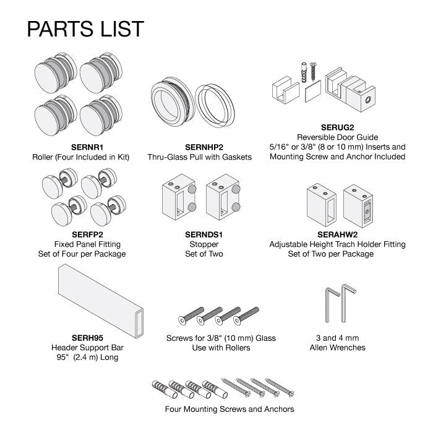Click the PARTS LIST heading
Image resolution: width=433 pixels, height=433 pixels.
(x=85, y=28)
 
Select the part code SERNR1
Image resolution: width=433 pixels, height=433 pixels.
(x=87, y=147)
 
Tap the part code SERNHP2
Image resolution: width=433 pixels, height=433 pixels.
(x=204, y=147)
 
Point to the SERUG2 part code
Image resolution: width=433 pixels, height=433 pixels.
(x=337, y=127)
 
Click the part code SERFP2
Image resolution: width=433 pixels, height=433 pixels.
(x=87, y=234)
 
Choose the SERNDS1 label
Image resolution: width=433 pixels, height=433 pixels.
(x=204, y=234)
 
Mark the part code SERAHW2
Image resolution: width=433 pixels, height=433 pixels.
(x=337, y=234)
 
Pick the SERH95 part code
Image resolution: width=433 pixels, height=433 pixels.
(x=87, y=338)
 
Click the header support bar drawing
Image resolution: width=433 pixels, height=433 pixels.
(x=101, y=301)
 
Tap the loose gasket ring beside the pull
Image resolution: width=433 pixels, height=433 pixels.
(x=215, y=106)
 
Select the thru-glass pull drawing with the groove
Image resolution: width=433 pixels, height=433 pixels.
(x=173, y=101)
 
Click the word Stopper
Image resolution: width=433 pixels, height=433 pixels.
(x=204, y=244)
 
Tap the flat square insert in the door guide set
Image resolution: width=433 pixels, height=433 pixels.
(x=313, y=91)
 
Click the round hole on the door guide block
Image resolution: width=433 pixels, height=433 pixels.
(x=368, y=100)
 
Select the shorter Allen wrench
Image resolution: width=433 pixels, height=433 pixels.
(x=333, y=305)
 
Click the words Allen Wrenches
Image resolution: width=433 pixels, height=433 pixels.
(x=338, y=348)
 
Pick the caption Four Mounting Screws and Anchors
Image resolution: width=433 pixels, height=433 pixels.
(x=229, y=409)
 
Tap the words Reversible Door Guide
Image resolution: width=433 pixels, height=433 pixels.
(x=338, y=137)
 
